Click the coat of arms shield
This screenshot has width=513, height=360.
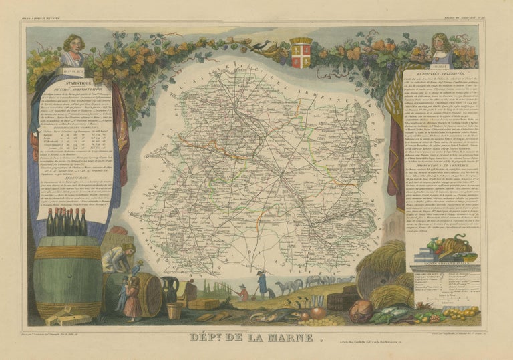[301, 53]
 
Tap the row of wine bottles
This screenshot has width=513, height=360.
[66, 222]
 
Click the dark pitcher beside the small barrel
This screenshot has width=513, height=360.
[170, 290]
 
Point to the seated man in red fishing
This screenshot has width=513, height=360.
[243, 291]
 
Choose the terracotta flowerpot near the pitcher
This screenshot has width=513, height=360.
[174, 311]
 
